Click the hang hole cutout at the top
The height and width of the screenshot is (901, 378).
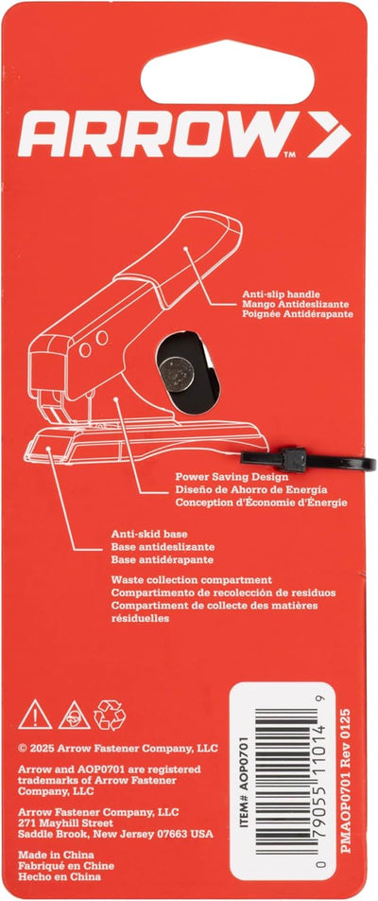[228, 72]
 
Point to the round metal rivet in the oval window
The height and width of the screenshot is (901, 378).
[177, 374]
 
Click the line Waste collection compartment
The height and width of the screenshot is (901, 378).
[192, 580]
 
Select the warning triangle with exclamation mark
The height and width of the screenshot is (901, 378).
[35, 715]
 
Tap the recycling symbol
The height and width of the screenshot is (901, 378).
[110, 715]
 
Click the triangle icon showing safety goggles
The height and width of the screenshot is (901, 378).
[74, 715]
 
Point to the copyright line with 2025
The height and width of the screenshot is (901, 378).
[117, 748]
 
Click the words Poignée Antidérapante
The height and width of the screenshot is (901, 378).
[298, 314]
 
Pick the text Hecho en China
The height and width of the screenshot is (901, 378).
[60, 876]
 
